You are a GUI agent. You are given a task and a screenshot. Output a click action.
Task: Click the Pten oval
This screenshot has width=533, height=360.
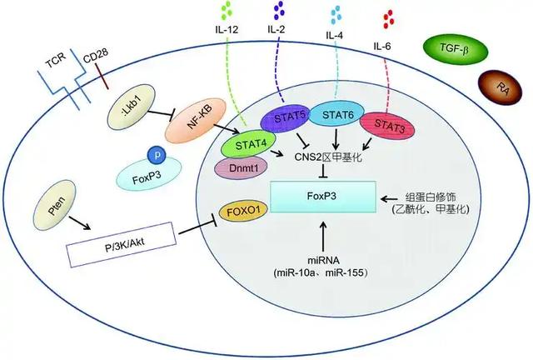coord(57,201)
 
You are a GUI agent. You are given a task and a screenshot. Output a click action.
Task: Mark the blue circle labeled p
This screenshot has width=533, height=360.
coord(155,156)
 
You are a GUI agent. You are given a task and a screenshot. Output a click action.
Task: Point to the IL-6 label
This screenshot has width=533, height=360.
coord(386,46)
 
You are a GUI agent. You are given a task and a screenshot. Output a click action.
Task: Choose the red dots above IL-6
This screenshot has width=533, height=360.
coord(387,17)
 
